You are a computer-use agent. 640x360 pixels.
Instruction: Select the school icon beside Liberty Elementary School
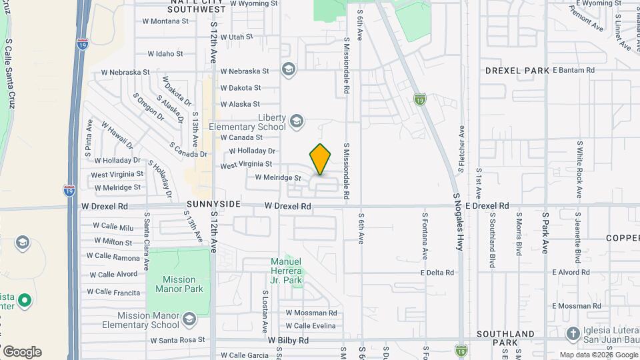click(x=297, y=121)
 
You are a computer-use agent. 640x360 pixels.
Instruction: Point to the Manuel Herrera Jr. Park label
click(x=287, y=271)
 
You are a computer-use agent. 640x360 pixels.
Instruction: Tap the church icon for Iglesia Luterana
click(x=572, y=333)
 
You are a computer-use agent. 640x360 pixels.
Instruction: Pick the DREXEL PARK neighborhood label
click(x=517, y=71)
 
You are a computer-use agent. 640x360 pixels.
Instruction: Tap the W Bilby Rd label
click(x=288, y=340)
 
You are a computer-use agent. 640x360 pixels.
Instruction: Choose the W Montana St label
click(x=165, y=21)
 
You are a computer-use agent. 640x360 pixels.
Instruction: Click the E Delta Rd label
click(x=437, y=273)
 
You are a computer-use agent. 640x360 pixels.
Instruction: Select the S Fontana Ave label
click(x=424, y=237)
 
